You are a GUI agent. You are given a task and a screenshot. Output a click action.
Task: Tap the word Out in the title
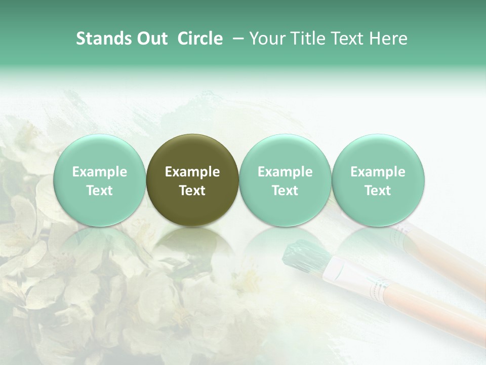[150, 39]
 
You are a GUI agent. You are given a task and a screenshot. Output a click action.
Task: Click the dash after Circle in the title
[235, 39]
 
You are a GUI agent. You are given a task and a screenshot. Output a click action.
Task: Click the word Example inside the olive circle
[192, 172]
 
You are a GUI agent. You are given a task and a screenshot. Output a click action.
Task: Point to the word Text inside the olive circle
[192, 191]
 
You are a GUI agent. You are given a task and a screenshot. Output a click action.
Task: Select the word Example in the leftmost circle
[99, 172]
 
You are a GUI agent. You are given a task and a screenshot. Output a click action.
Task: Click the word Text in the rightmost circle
[378, 191]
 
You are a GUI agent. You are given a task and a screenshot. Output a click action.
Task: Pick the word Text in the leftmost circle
[99, 191]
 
